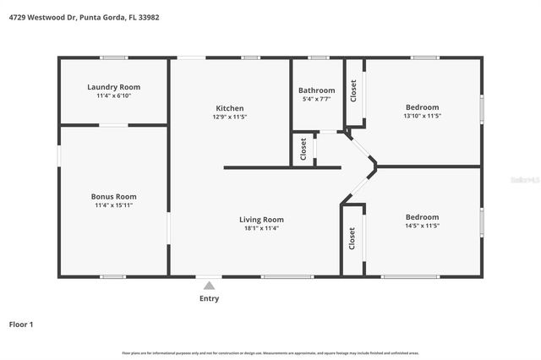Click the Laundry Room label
[113, 87]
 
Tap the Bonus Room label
[113, 196]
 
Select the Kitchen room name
[230, 108]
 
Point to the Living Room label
[261, 219]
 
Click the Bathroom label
[317, 90]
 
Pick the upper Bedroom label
[422, 107]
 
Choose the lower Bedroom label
[422, 216]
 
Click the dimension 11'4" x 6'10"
[113, 96]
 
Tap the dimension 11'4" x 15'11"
[113, 205]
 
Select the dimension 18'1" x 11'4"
[261, 228]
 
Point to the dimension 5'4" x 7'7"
[317, 100]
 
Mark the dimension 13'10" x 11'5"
[422, 117]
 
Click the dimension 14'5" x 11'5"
[422, 226]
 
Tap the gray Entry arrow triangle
[209, 286]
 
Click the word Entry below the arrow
[209, 298]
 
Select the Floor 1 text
[21, 324]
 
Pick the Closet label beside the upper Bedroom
[353, 90]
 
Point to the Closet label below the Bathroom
[303, 149]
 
